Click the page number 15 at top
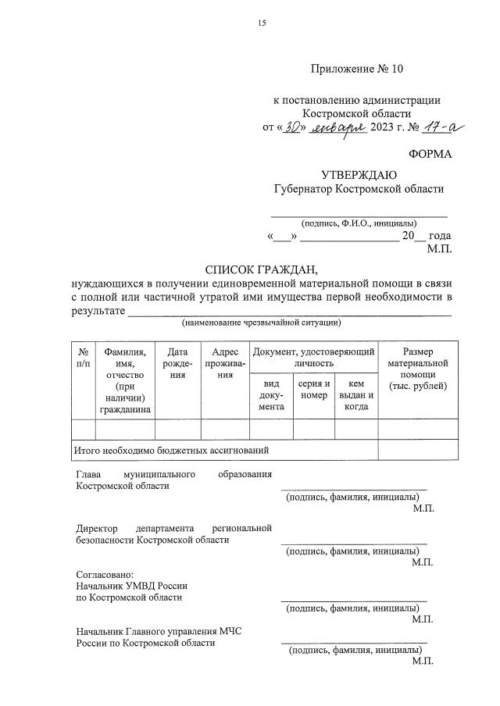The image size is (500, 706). pos(262,23)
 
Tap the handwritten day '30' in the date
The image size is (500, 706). pos(289,127)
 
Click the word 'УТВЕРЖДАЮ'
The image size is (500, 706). pos(359,174)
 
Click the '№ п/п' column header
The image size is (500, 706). pos(83,357)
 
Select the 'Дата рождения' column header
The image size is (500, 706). pos(177,363)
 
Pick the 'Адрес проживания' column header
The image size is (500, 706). pos(225,363)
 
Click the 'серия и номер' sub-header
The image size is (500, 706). pos(313,390)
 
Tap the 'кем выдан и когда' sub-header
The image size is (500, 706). pos(355,395)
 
